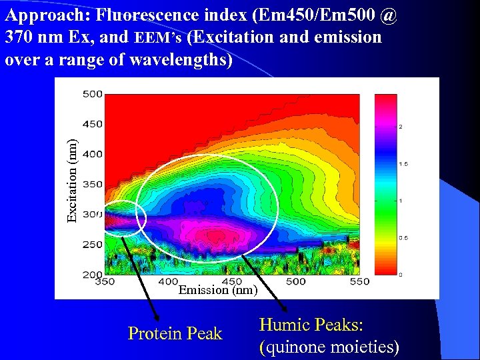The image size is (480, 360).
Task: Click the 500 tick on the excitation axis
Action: coord(92,94)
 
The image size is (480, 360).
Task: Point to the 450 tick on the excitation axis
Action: coord(92,124)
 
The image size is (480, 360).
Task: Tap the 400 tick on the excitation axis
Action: coord(92,154)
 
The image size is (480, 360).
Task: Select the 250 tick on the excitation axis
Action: coord(92,245)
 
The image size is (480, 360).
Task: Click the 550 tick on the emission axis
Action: coord(360,282)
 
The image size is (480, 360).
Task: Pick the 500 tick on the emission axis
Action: coord(296,282)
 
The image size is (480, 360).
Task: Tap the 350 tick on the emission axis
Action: coord(105,282)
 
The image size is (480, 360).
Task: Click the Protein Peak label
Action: coord(175,333)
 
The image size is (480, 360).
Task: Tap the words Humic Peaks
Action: coord(310,325)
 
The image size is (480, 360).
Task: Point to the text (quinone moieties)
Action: coord(329,347)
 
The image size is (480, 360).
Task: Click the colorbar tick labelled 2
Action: coord(400,126)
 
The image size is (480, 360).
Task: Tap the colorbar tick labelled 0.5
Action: coord(403,238)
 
